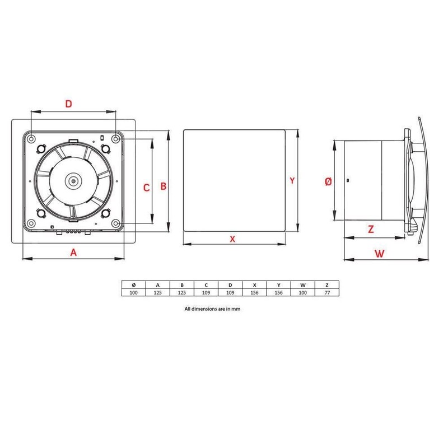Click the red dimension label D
[x=69, y=104]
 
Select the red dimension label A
[x=73, y=252]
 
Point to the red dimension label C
[x=146, y=188]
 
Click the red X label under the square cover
[x=233, y=239]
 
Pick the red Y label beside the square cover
[x=292, y=180]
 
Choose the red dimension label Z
[x=371, y=228]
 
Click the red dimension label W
[x=380, y=253]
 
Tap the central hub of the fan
[x=73, y=181]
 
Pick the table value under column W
[x=303, y=292]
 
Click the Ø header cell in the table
[x=133, y=284]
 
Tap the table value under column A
[x=157, y=292]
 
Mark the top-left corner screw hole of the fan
[x=32, y=137]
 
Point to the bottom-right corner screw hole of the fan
[x=115, y=223]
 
